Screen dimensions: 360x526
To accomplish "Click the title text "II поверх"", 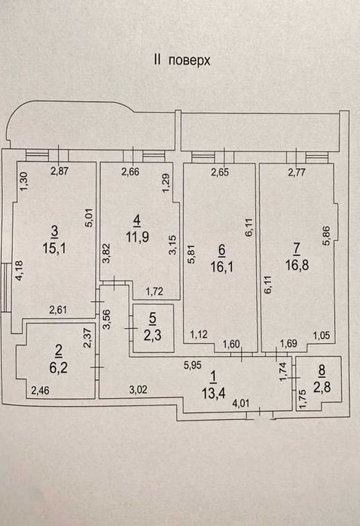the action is (182, 60).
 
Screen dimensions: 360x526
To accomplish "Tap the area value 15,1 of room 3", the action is (54, 248).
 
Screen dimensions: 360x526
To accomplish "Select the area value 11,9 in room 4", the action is (137, 237).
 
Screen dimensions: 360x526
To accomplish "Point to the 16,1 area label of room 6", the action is (221, 267).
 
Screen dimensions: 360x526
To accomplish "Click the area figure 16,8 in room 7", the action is (297, 266).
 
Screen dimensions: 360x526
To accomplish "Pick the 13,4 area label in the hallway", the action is (213, 393).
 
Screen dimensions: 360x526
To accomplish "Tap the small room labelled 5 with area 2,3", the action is (153, 328).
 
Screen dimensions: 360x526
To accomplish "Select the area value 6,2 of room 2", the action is (59, 368).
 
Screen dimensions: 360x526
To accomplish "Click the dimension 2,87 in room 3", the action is (59, 172).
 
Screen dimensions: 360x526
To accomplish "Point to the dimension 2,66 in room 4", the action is (130, 172).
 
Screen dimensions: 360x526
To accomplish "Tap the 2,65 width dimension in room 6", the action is (220, 172).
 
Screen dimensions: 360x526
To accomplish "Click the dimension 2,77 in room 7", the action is (297, 173).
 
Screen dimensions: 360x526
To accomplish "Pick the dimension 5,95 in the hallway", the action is (192, 365).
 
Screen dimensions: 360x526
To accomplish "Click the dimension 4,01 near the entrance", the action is (241, 403).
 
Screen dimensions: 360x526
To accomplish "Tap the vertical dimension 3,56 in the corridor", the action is (107, 319).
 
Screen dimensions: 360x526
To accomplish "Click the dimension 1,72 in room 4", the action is (154, 291).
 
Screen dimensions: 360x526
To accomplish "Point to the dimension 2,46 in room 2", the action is (40, 391).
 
